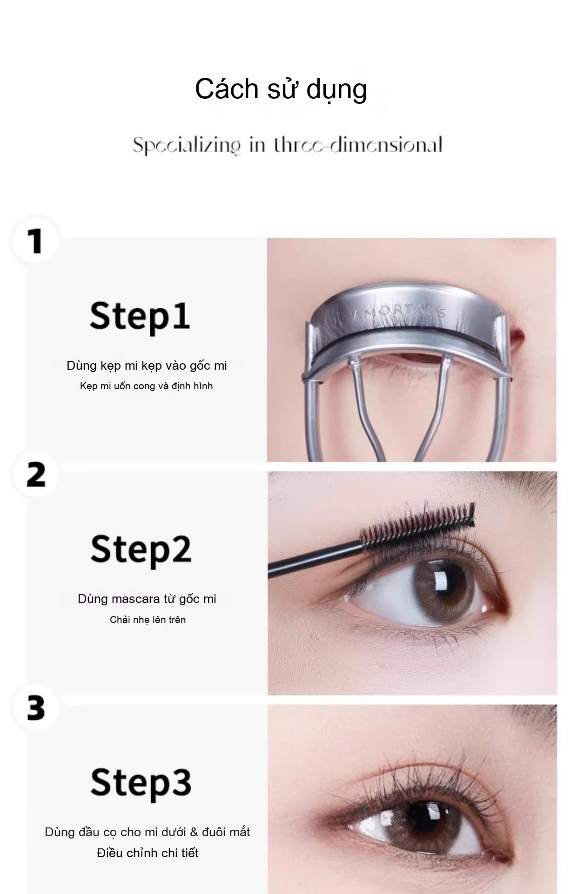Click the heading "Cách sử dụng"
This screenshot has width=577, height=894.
pos(281,89)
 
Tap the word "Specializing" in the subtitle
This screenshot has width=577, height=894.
pos(187,145)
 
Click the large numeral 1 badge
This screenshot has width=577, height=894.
pos(35,241)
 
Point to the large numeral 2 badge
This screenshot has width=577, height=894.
pos(36,474)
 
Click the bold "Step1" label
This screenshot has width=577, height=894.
pos(140,317)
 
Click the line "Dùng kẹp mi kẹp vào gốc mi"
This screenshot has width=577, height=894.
pos(147,366)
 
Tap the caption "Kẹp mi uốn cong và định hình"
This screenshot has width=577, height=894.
pos(147,386)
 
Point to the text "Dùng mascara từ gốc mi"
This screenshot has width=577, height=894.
pos(147,599)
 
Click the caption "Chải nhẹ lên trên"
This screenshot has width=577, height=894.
pos(148,620)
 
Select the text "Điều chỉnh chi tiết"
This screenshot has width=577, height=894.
pos(148,853)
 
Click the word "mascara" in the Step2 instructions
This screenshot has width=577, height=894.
pos(135,599)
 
